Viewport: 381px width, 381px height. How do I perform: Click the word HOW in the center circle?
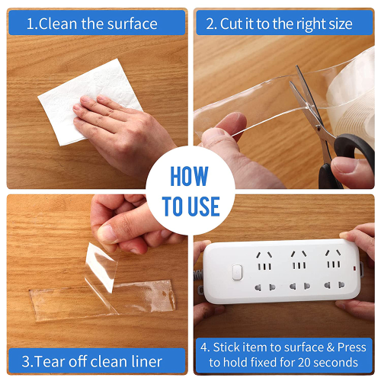(189, 176)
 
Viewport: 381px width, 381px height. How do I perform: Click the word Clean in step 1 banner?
(58, 24)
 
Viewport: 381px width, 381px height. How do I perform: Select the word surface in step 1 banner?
(132, 24)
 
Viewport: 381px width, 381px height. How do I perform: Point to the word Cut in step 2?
(231, 24)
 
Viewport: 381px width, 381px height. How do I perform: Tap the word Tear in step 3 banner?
(50, 361)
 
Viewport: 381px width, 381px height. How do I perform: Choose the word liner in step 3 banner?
(147, 361)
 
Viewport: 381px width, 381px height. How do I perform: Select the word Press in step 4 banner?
(351, 347)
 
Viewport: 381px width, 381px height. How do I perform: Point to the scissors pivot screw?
(318, 127)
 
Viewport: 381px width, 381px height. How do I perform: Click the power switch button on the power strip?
(237, 272)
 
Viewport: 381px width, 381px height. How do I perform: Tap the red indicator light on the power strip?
(354, 267)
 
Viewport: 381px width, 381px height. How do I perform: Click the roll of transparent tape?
(353, 101)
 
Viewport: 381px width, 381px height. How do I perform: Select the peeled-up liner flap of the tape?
(101, 267)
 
